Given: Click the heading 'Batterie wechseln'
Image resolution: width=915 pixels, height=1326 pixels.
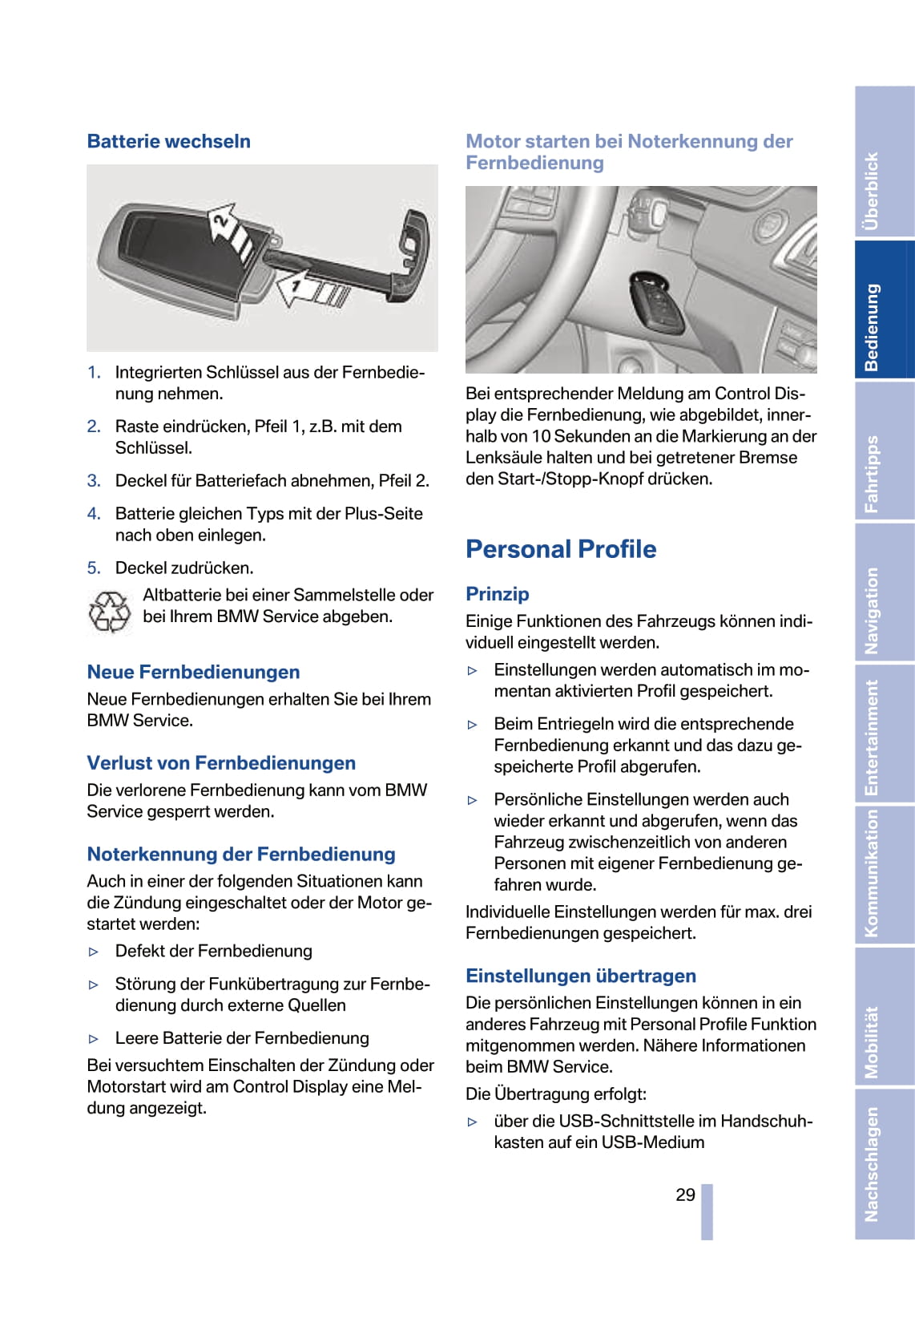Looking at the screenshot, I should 168,141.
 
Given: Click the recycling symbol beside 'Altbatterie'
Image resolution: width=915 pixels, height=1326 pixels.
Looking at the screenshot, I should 109,612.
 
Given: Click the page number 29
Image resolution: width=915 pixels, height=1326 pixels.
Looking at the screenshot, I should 685,1195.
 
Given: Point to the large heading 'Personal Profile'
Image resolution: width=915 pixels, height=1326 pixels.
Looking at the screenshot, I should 561,549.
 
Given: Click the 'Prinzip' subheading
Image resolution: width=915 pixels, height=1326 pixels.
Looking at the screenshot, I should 498,594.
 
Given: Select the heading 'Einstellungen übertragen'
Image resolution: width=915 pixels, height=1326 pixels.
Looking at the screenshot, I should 581,976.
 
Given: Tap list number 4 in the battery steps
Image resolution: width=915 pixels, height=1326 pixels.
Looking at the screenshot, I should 94,513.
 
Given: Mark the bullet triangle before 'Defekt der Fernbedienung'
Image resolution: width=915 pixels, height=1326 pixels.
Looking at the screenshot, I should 94,952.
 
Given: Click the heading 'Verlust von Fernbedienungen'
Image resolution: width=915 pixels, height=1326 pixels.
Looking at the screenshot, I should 221,762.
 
